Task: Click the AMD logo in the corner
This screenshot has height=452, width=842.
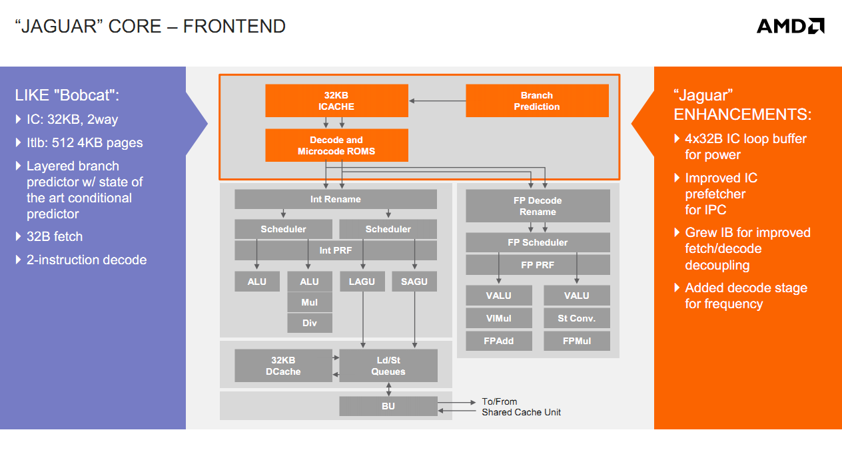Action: coord(790,26)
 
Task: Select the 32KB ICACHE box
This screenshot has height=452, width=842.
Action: coord(336,101)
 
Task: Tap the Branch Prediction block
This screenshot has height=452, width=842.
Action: coord(537,101)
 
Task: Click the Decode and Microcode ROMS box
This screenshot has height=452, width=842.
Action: coord(336,145)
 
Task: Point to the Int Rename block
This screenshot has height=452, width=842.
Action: coord(336,199)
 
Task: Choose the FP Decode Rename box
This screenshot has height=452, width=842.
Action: coord(538,206)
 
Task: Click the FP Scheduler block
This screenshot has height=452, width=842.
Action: coord(538,242)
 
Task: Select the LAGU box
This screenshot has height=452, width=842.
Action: coord(362,282)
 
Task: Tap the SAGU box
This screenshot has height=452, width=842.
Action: coord(414,282)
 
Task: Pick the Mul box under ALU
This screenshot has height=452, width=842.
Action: coord(310,302)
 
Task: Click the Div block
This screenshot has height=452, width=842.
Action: coord(310,323)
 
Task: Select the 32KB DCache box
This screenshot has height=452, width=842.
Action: coord(283,365)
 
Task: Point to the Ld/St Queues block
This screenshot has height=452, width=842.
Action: coord(388,365)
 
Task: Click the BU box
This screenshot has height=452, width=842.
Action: coord(388,406)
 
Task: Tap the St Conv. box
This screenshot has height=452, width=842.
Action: coord(577,318)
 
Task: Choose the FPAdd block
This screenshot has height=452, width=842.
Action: coord(499,341)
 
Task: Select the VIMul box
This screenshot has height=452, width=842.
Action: coord(499,318)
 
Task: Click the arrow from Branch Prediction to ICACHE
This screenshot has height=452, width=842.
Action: coord(437,101)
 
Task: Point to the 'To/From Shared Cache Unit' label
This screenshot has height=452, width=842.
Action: coord(521,407)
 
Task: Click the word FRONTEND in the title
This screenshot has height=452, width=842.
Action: coord(234,27)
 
